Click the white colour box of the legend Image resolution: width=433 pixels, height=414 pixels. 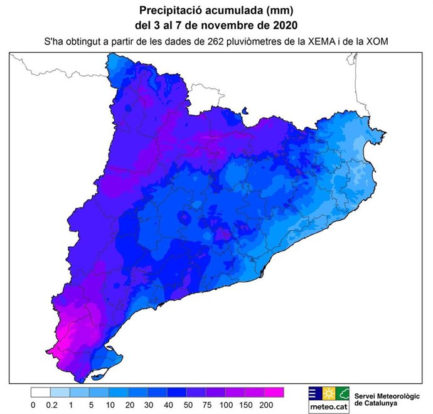(40, 393)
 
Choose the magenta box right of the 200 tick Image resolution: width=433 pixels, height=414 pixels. (275, 393)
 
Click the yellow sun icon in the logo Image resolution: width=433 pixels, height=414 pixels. (328, 393)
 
